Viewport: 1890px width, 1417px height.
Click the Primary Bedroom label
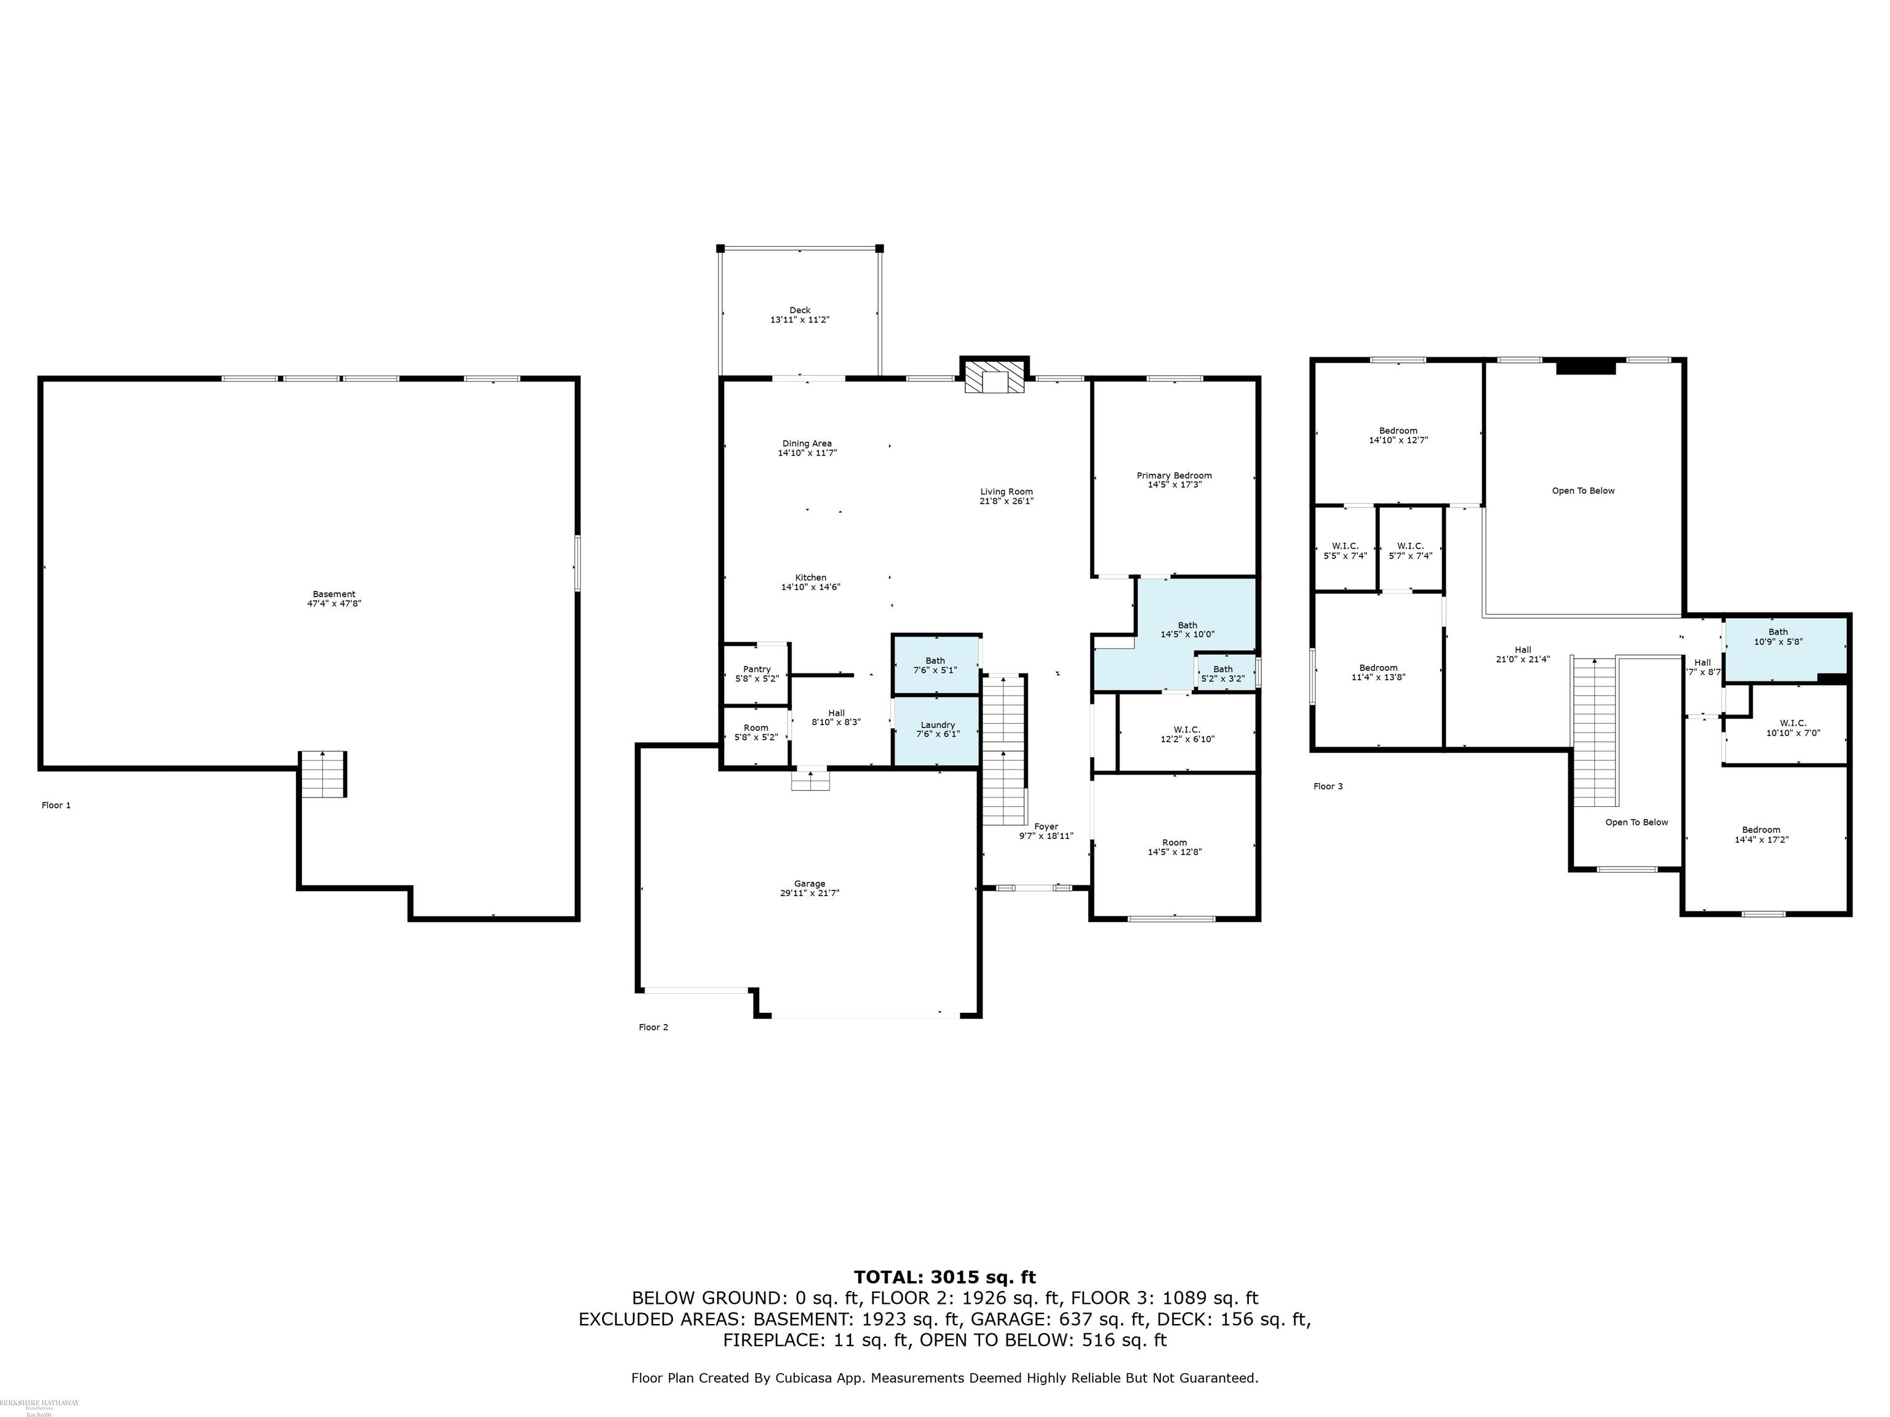(x=1174, y=476)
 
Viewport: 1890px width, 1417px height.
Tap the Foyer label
(x=1046, y=826)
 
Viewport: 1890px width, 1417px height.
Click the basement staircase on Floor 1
(x=322, y=775)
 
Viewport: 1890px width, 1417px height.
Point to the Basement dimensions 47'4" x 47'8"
(x=333, y=604)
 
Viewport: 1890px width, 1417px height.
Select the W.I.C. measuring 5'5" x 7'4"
(x=1344, y=551)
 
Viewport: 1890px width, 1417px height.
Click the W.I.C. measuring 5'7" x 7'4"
(x=1410, y=551)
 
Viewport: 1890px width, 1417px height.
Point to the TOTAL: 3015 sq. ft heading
(x=944, y=1278)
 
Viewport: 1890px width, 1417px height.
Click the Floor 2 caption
(x=653, y=1028)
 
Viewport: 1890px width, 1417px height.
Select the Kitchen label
(x=810, y=578)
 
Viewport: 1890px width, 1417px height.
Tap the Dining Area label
(x=807, y=444)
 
